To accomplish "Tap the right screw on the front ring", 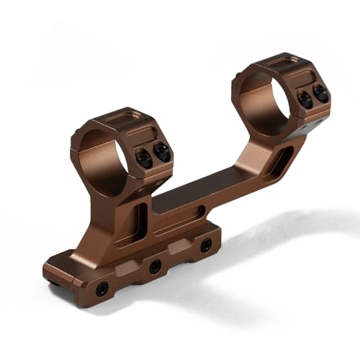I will coord(162,151).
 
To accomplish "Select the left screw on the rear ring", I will coord(305,99).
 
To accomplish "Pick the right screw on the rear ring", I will coord(320,93).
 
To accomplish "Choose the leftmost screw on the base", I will coord(102,289).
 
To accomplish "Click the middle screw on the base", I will coord(155,266).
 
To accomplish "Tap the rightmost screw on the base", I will coord(206,245).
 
